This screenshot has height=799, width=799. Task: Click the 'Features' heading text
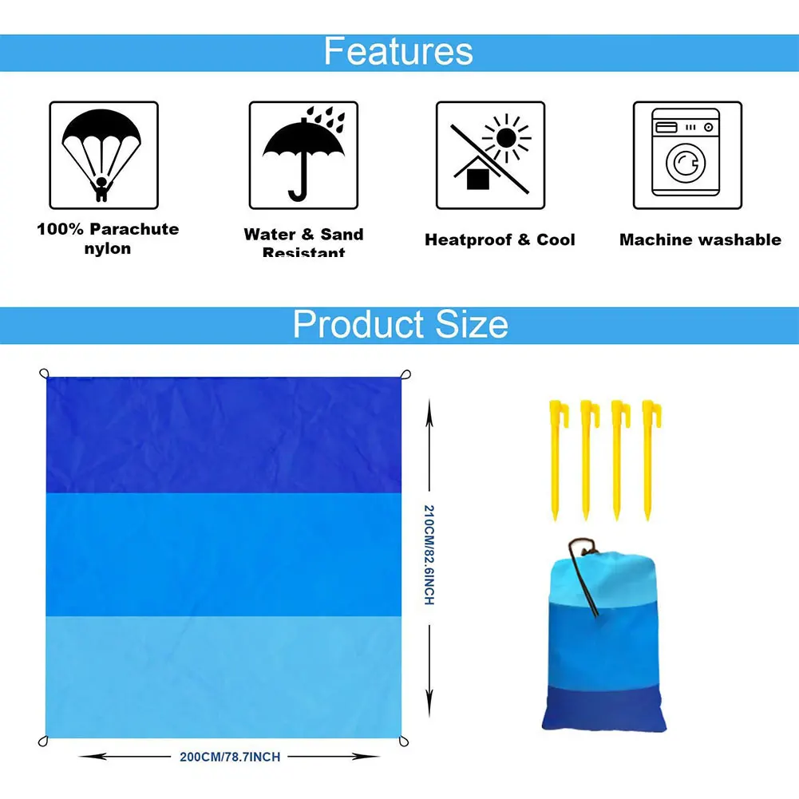[x=398, y=51]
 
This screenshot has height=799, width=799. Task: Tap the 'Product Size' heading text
[x=400, y=325]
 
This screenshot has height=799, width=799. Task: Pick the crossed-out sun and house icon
[x=490, y=155]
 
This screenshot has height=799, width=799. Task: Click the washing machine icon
[x=686, y=155]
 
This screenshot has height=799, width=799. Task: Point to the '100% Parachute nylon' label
[x=108, y=239]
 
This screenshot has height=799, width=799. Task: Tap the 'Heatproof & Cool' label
[x=500, y=239]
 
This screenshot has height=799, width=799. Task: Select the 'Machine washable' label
[x=700, y=239]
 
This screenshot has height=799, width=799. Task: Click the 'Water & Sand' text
[x=303, y=235]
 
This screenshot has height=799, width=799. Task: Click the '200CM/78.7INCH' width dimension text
[x=230, y=756]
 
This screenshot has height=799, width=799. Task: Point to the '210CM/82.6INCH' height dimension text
[x=429, y=555]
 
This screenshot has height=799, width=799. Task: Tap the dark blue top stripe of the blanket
[x=223, y=435]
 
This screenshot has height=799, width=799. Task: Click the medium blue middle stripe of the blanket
[x=223, y=555]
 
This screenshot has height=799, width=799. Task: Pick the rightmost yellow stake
[x=648, y=459]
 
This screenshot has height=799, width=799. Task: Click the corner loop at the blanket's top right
[x=405, y=375]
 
